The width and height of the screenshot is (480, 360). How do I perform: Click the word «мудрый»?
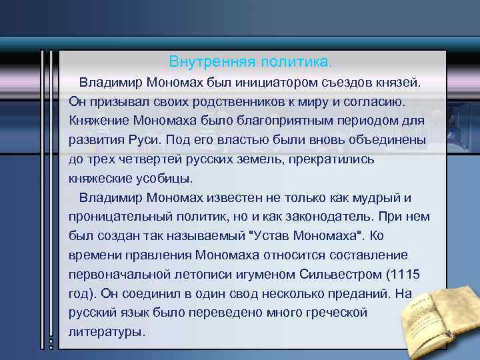385,198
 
